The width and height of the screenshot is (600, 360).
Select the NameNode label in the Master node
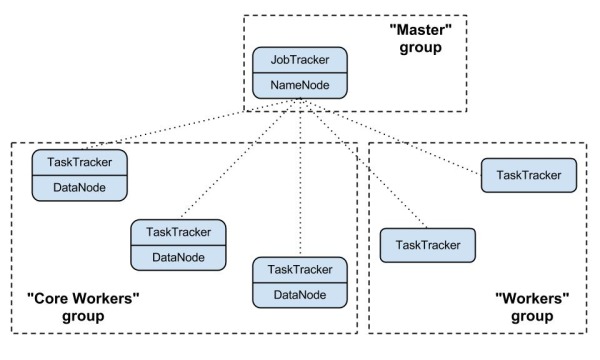pyautogui.click(x=300, y=86)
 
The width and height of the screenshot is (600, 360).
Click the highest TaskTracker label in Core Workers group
pyautogui.click(x=79, y=160)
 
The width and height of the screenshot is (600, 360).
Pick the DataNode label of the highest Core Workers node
pyautogui.click(x=79, y=186)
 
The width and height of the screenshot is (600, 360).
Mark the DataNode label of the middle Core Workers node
pyautogui.click(x=178, y=257)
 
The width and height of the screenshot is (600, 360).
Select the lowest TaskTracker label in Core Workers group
pyautogui.click(x=299, y=270)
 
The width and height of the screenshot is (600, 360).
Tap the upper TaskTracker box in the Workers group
pyautogui.click(x=528, y=174)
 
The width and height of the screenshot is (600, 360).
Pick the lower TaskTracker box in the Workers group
pyautogui.click(x=427, y=244)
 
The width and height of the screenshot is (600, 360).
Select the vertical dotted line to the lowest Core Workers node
pyautogui.click(x=299, y=180)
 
